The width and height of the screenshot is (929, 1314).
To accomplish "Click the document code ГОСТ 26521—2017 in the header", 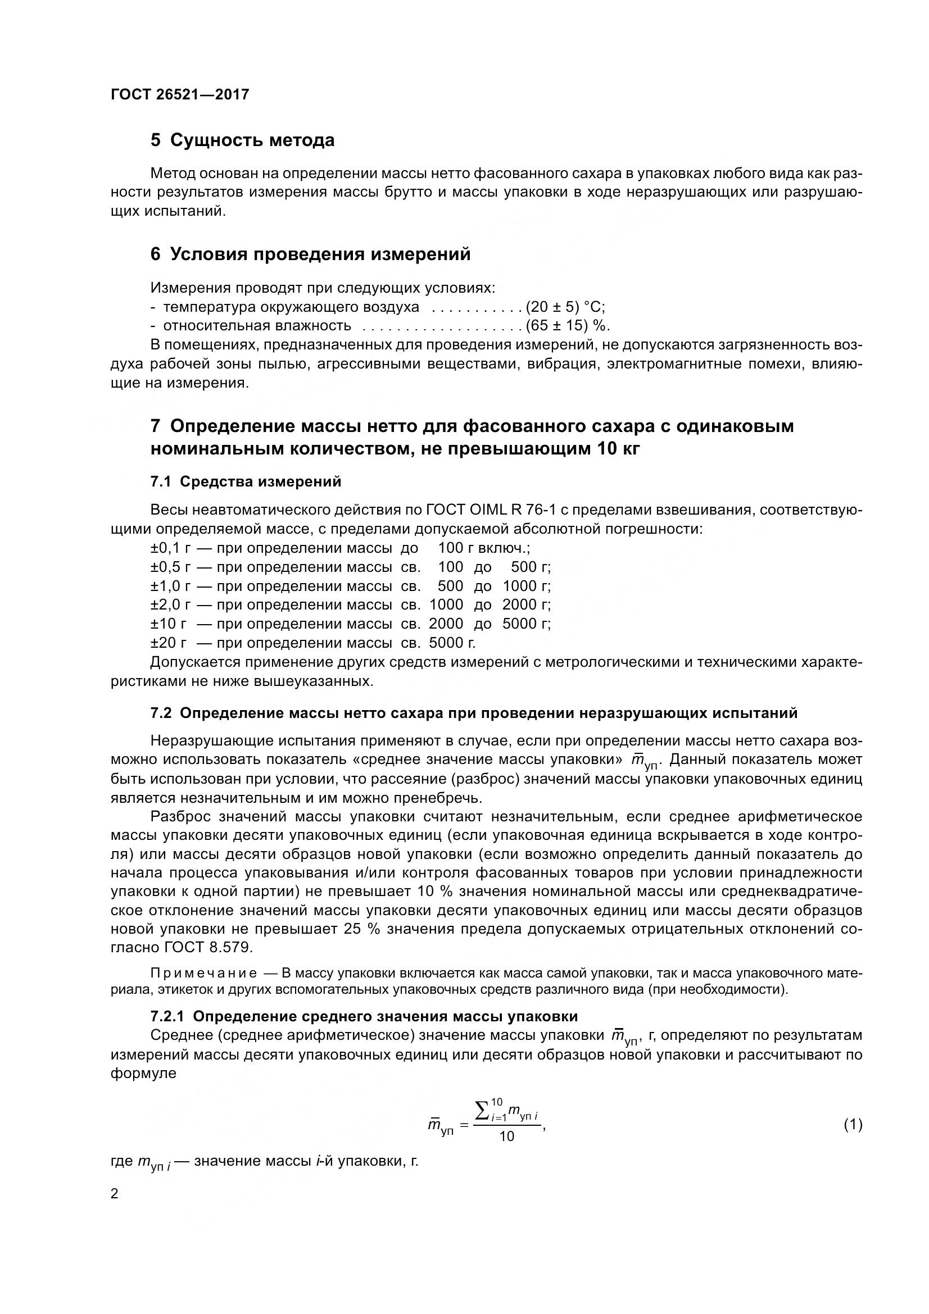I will (180, 94).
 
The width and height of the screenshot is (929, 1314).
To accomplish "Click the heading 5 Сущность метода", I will (242, 140).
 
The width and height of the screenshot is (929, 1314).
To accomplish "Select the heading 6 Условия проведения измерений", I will (310, 254).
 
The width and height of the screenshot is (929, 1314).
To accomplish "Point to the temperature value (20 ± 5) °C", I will (565, 307).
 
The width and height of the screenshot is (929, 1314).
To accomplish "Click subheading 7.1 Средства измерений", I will (246, 482).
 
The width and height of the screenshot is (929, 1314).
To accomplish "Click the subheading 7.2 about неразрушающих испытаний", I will (473, 713).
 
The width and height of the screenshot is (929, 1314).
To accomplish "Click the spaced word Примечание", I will (203, 974).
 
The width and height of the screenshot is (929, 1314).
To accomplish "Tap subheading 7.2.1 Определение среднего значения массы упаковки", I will (364, 1016).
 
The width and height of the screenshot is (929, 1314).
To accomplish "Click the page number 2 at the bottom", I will (115, 1194).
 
